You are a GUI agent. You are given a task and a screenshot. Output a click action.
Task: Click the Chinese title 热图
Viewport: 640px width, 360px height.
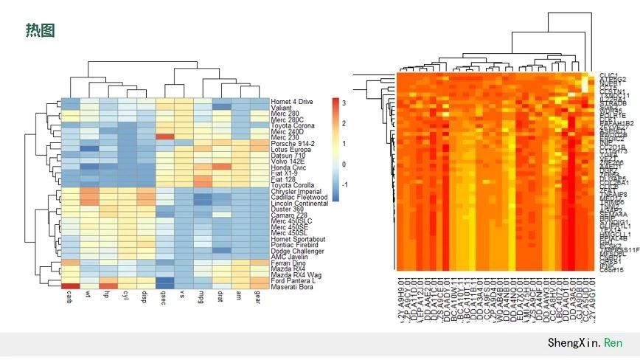(41, 30)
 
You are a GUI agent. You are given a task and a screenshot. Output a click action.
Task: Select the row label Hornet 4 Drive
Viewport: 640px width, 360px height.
(292, 101)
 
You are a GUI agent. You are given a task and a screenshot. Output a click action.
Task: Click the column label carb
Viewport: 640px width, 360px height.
(70, 299)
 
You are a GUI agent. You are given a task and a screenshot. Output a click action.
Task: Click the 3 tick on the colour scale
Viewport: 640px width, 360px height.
(344, 101)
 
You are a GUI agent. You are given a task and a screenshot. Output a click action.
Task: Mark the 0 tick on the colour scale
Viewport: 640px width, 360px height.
(344, 164)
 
